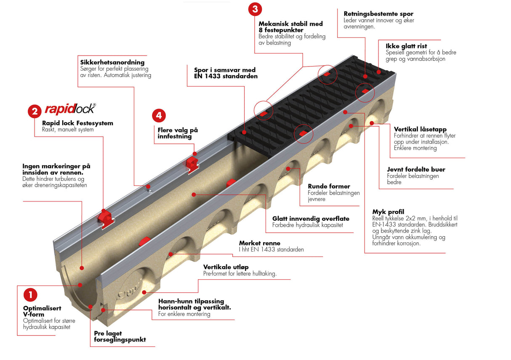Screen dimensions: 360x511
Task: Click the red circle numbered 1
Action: click(30, 295)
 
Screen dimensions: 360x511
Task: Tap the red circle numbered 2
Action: click(34, 111)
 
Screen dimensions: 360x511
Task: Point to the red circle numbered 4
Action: click(159, 115)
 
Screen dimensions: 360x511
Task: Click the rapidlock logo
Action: click(70, 109)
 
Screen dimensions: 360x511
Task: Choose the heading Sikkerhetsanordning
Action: click(112, 63)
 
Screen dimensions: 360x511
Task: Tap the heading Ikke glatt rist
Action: click(406, 46)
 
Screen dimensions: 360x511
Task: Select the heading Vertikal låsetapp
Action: click(420, 129)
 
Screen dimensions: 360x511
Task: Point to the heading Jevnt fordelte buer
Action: click(416, 169)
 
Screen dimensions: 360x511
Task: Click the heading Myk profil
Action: click(388, 212)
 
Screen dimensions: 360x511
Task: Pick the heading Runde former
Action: click(329, 186)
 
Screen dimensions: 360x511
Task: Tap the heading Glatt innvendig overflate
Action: click(311, 219)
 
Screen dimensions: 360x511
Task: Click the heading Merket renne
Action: click(259, 243)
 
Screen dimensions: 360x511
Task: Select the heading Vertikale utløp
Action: click(226, 267)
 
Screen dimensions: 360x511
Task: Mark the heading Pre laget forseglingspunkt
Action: click(120, 336)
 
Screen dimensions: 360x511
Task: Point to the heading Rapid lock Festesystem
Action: click(77, 123)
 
